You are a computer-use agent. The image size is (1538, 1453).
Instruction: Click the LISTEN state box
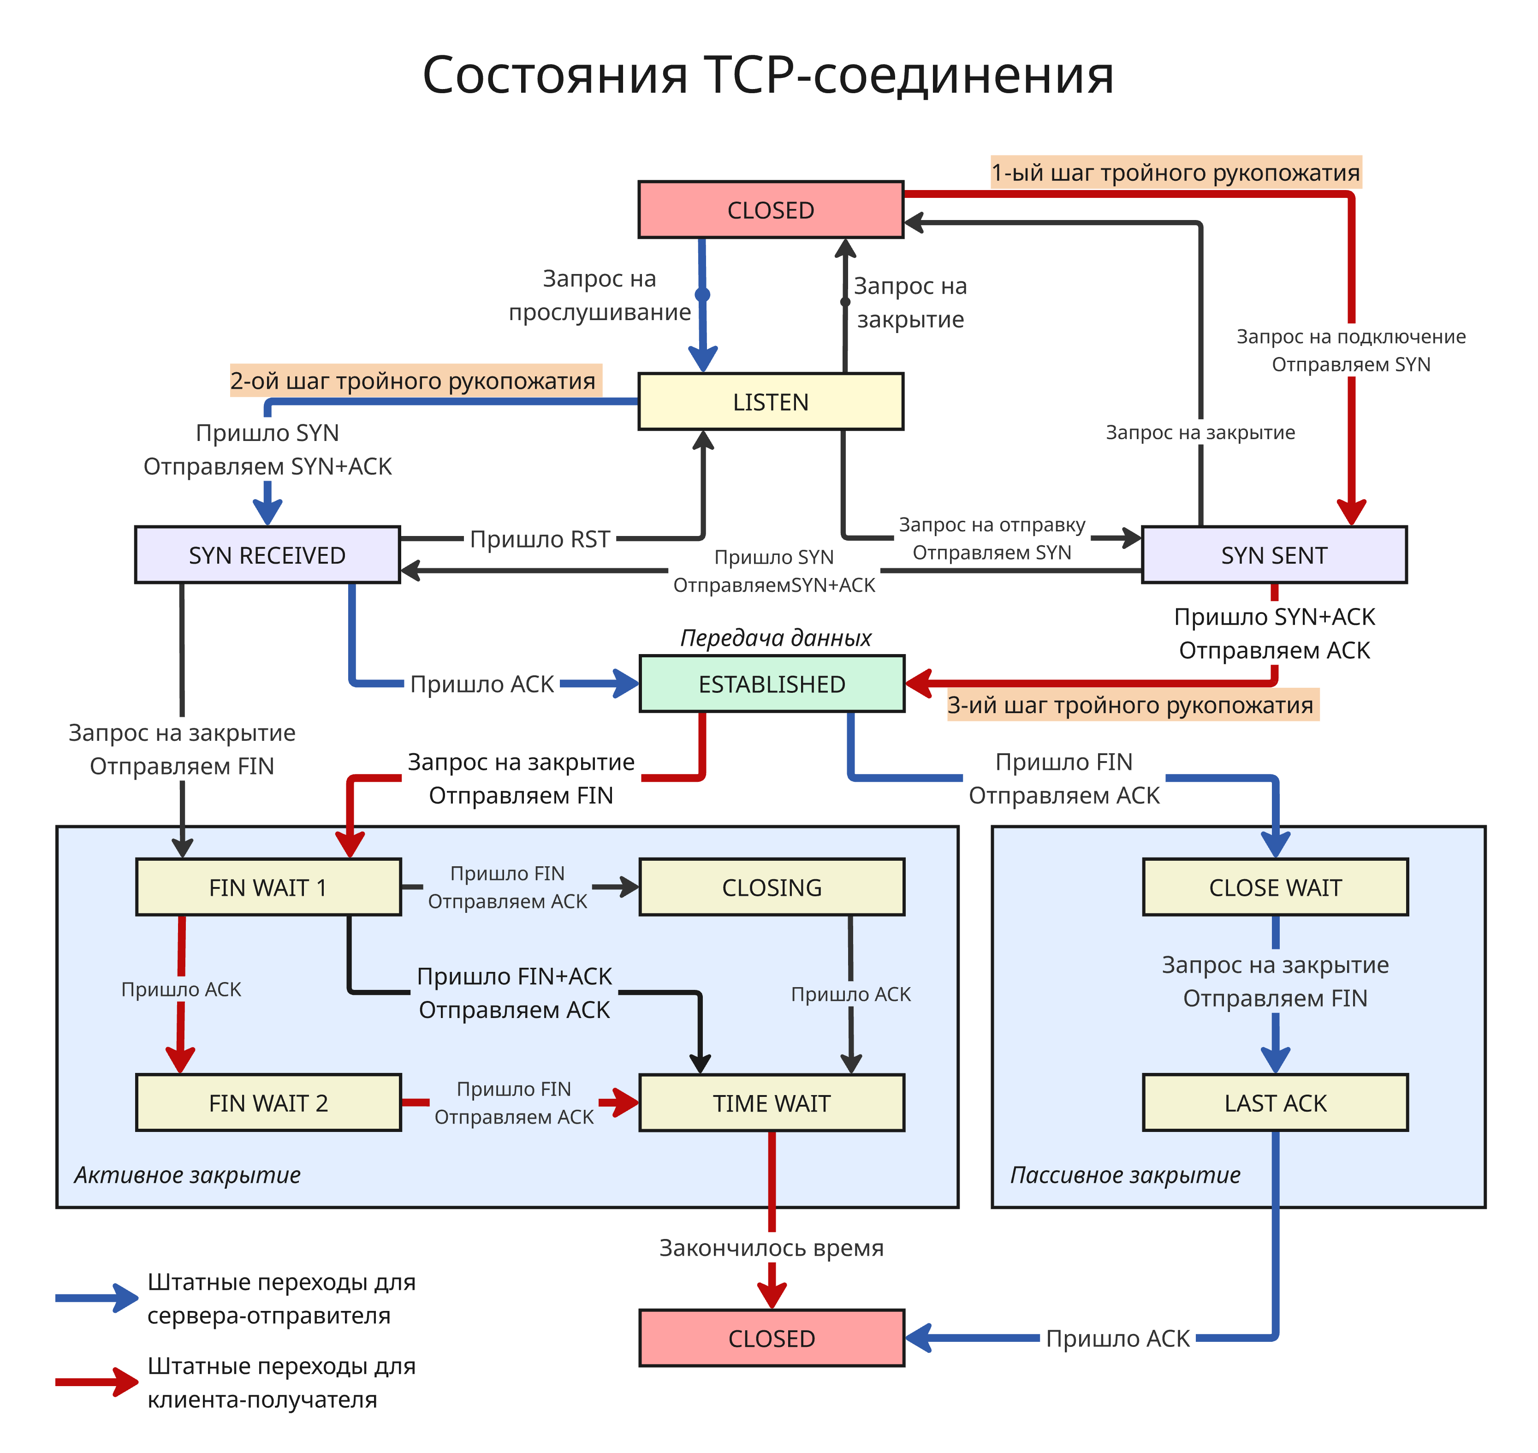pyautogui.click(x=771, y=402)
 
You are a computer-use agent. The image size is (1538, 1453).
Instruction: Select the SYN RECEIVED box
pyautogui.click(x=267, y=554)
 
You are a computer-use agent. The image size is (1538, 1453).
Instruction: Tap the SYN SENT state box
pyautogui.click(x=1274, y=554)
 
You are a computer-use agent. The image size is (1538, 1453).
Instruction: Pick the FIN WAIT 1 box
pyautogui.click(x=268, y=887)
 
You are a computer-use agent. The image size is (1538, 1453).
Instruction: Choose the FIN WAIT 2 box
pyautogui.click(x=268, y=1102)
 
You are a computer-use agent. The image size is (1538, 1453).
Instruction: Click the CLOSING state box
pyautogui.click(x=772, y=887)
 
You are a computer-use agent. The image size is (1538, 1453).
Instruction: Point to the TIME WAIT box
pyautogui.click(x=772, y=1102)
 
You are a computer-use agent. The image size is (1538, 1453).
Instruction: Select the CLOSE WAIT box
pyautogui.click(x=1275, y=887)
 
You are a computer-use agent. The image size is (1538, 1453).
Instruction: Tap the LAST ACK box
pyautogui.click(x=1275, y=1102)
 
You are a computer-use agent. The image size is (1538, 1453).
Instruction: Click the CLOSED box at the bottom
pyautogui.click(x=772, y=1338)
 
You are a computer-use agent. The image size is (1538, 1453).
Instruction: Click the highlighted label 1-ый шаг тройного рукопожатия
pyautogui.click(x=1176, y=172)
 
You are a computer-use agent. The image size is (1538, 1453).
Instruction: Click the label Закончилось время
pyautogui.click(x=772, y=1248)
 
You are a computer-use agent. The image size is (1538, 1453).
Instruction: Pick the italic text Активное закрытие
pyautogui.click(x=187, y=1175)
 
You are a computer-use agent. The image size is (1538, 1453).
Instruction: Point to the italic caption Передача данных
pyautogui.click(x=775, y=637)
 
